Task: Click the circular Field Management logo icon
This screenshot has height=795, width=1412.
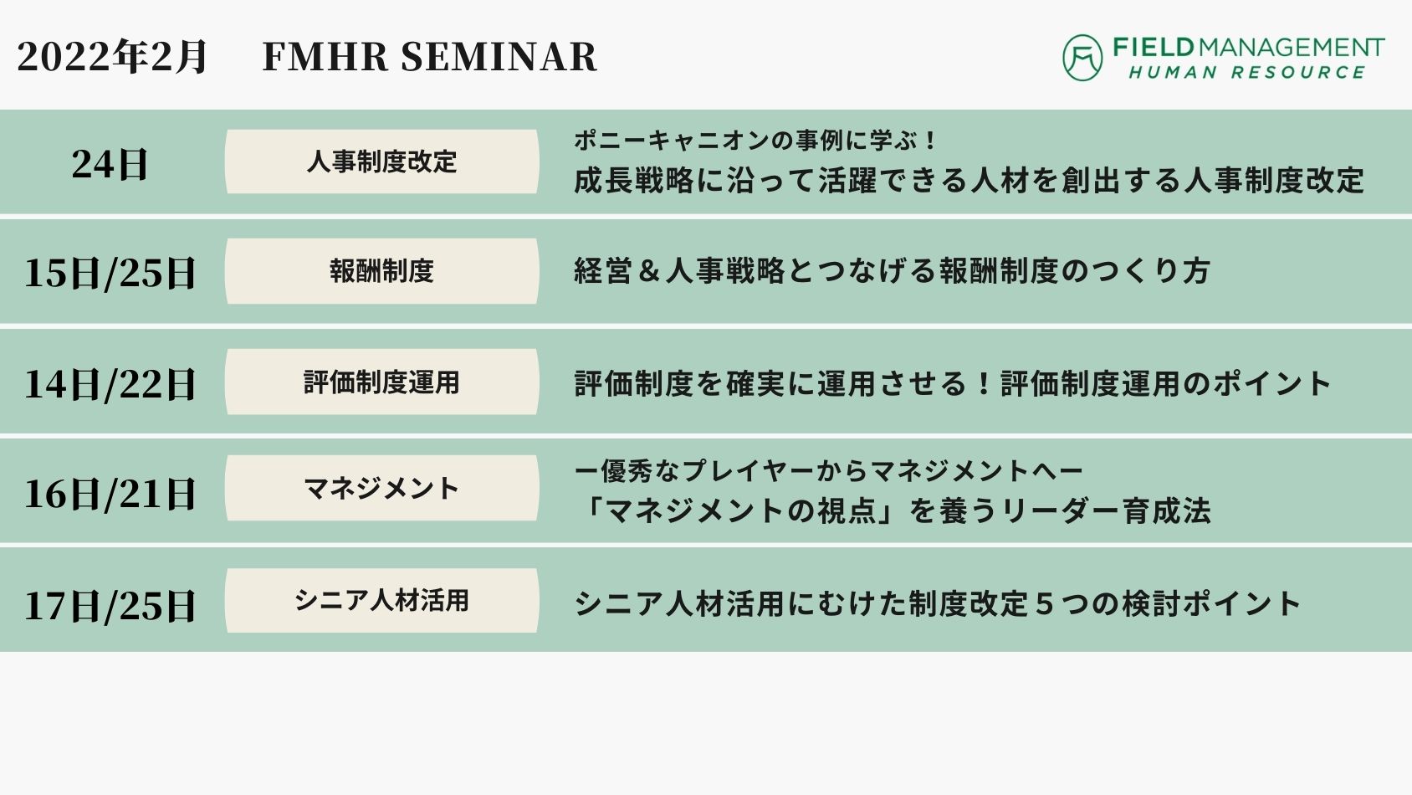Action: pyautogui.click(x=1082, y=58)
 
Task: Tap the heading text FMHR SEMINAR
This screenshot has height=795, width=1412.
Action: pyautogui.click(x=429, y=56)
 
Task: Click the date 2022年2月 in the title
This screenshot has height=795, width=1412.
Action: pyautogui.click(x=111, y=56)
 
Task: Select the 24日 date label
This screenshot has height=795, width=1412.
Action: pyautogui.click(x=110, y=164)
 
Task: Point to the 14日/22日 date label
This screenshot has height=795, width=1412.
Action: pyautogui.click(x=110, y=384)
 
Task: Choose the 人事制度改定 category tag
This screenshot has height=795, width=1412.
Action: pyautogui.click(x=382, y=162)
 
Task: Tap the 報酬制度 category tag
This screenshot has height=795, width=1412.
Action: pyautogui.click(x=382, y=271)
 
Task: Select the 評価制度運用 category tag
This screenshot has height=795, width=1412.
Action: pyautogui.click(x=382, y=382)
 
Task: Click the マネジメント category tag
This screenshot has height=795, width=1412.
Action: pyautogui.click(x=382, y=488)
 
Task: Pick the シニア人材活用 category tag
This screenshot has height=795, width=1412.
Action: pyautogui.click(x=382, y=600)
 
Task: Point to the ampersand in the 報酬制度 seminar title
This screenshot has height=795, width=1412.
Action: pyautogui.click(x=648, y=272)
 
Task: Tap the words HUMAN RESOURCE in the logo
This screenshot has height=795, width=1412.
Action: pyautogui.click(x=1247, y=73)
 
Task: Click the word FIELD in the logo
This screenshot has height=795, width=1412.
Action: pyautogui.click(x=1154, y=48)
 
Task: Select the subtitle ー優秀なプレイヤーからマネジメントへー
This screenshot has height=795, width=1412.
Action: pyautogui.click(x=828, y=471)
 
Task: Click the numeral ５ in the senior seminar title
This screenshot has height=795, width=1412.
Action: pyautogui.click(x=1044, y=604)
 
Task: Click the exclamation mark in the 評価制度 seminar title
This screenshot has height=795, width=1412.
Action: pyautogui.click(x=984, y=383)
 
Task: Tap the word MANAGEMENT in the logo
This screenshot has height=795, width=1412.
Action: pyautogui.click(x=1291, y=48)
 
